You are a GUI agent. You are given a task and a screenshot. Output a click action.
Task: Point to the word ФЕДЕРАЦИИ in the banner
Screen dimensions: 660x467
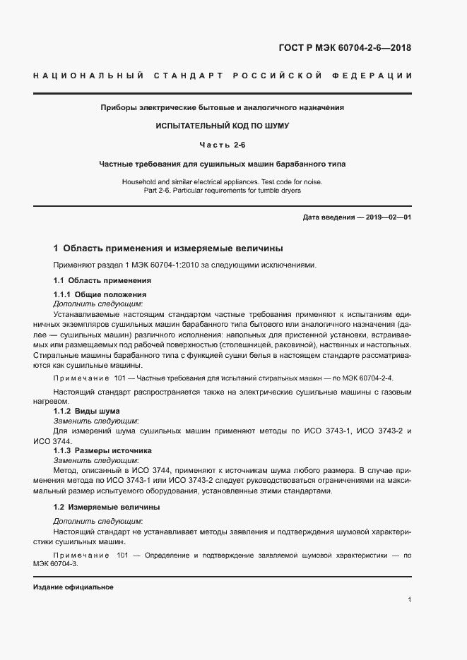click(x=377, y=76)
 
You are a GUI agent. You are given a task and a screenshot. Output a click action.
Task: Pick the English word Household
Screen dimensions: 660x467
click(x=141, y=181)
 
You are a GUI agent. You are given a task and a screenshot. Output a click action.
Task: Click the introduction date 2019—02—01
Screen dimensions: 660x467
click(x=387, y=217)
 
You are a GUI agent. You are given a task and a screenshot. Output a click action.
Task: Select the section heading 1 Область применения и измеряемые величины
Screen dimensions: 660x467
click(x=168, y=248)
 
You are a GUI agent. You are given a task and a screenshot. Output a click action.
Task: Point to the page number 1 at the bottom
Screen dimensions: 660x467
click(x=409, y=600)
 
